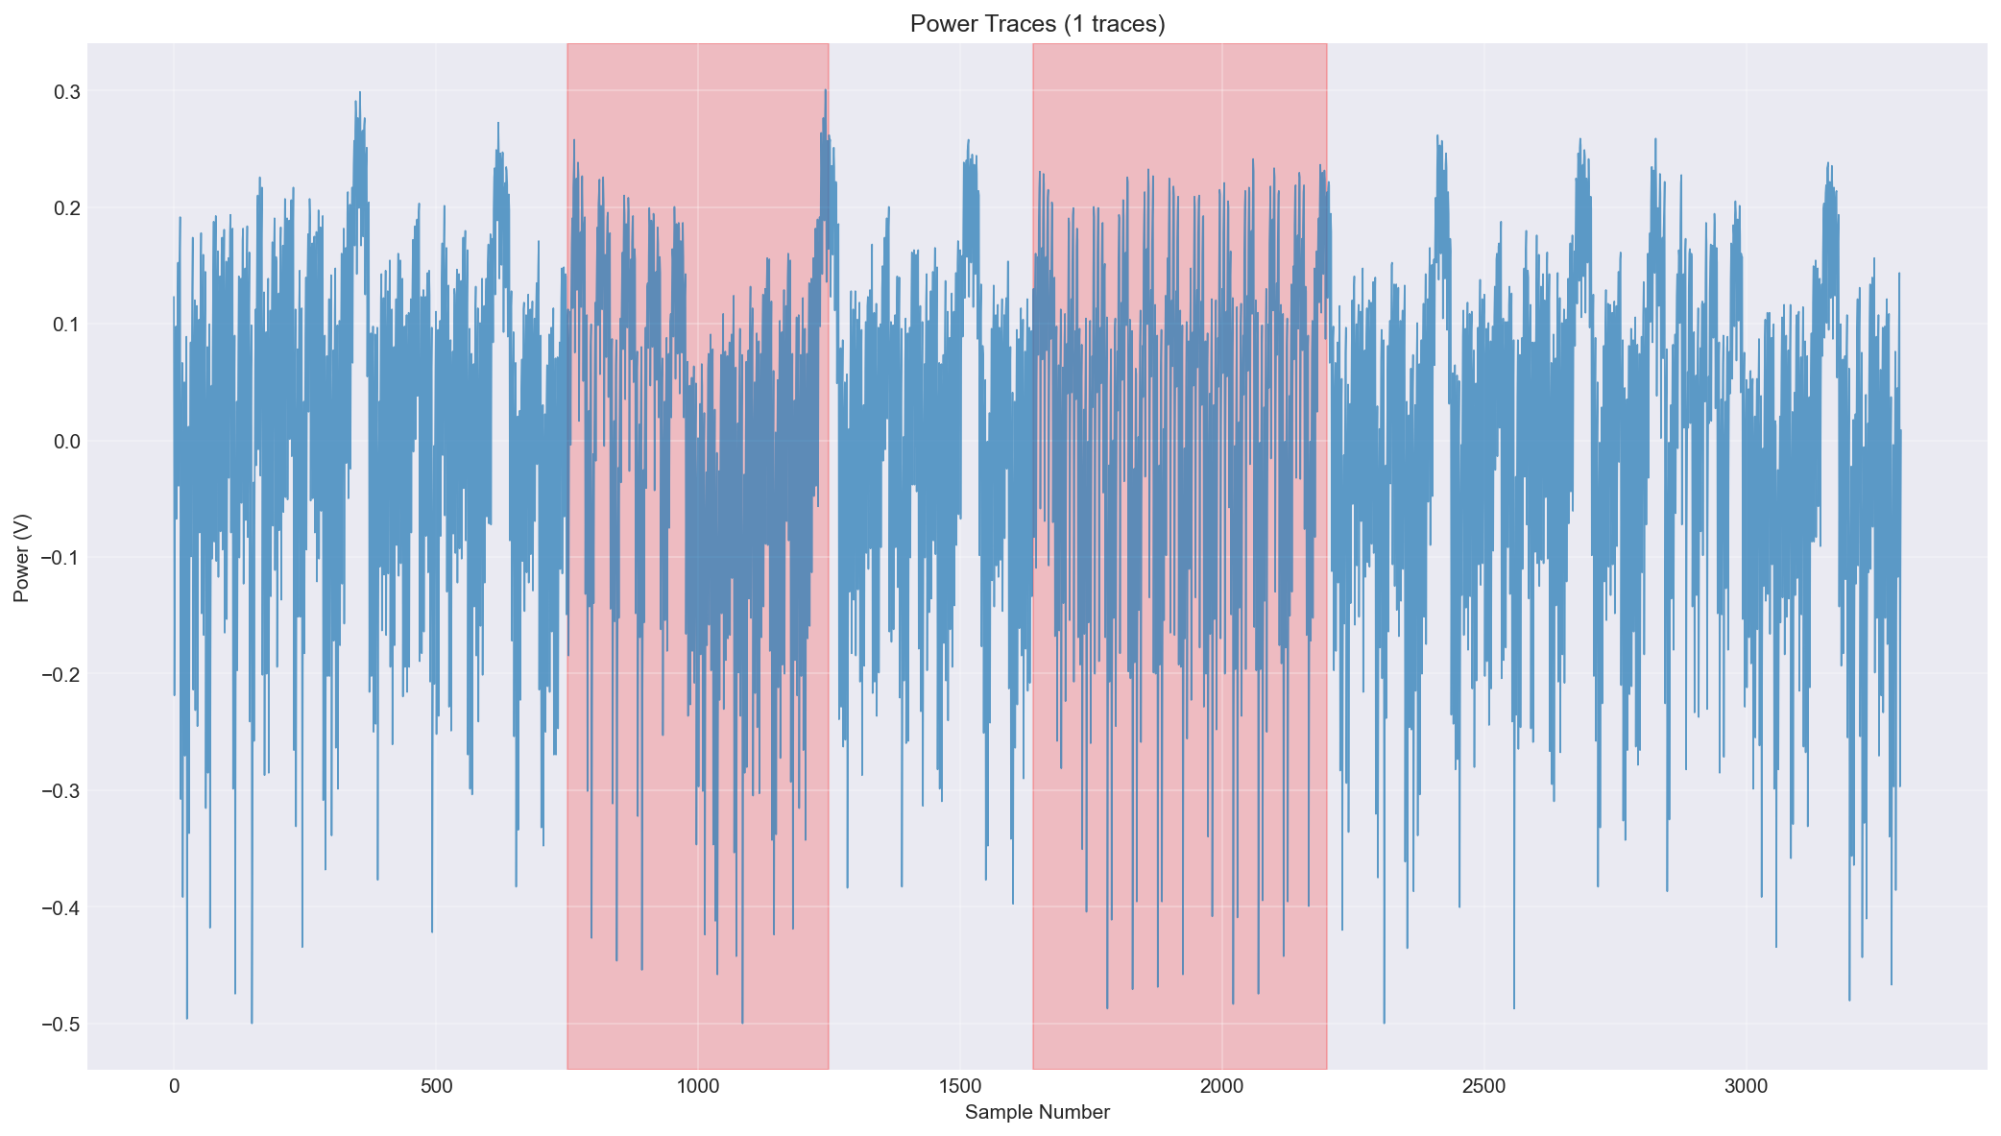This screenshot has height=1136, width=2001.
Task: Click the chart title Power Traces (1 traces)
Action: (1037, 24)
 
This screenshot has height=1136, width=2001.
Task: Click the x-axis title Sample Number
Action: (1037, 1113)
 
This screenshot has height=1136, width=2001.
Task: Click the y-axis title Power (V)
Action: (22, 556)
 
